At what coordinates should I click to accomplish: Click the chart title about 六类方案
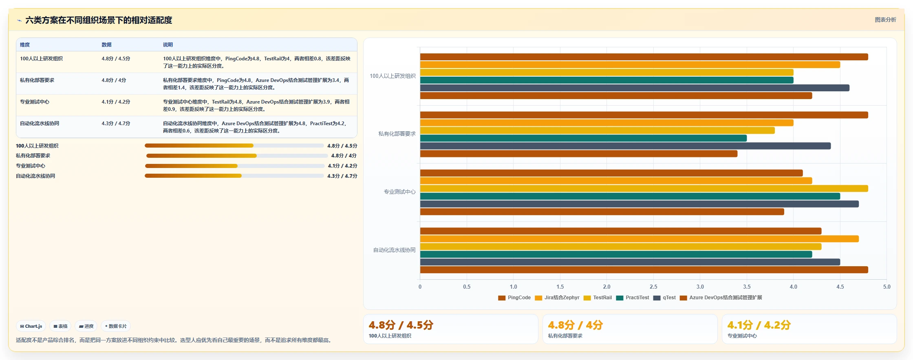pos(99,20)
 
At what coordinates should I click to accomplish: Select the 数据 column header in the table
pos(106,45)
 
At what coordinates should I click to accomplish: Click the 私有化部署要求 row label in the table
pos(37,80)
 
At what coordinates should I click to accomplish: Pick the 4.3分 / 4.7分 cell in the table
pos(116,124)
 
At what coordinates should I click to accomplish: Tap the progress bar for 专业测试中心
pos(235,166)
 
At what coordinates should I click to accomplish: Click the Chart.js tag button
pos(31,326)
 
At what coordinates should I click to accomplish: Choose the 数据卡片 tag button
pos(116,326)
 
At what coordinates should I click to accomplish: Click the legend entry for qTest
pos(664,298)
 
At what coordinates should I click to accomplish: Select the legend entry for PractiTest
pos(633,298)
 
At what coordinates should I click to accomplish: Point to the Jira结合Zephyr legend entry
pos(557,298)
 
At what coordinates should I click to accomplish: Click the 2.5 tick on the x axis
pos(653,287)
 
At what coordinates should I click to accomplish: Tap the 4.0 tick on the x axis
pos(793,287)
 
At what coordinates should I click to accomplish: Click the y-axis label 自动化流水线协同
pos(395,250)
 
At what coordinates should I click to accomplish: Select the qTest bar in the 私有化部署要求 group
pos(625,146)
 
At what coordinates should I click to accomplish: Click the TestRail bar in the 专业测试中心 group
pos(644,188)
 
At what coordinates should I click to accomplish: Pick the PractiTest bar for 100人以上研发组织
pos(606,80)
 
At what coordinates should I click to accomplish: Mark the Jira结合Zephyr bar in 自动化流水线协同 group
pos(639,239)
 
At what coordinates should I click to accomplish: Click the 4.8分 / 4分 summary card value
pos(575,325)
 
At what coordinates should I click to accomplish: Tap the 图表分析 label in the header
pos(885,20)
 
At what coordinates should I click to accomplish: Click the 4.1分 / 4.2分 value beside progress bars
pos(342,166)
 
